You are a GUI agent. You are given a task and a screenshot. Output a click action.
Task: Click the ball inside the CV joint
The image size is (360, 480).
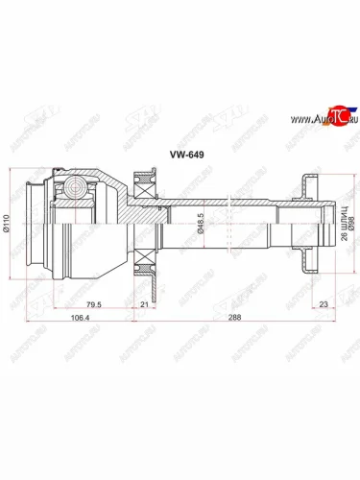click(x=72, y=188)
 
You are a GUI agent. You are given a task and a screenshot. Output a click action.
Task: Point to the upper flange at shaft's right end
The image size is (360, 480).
click(x=304, y=181)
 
